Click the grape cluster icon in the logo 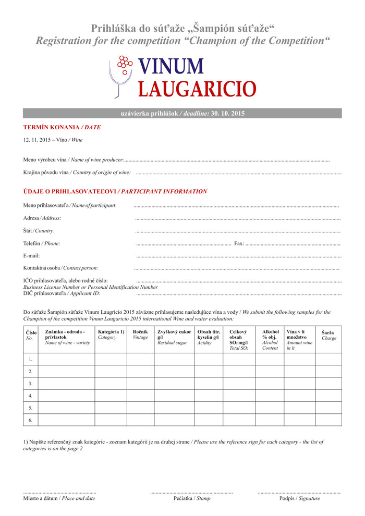click(124, 62)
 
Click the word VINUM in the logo click(171, 66)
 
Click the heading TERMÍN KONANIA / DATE click(62, 127)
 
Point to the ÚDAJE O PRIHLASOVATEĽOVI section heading click(115, 191)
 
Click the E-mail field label click(32, 255)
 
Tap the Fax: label click(239, 243)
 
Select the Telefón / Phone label click(42, 243)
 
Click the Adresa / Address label click(42, 218)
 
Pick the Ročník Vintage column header click(140, 334)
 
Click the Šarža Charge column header click(329, 335)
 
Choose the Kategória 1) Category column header click(111, 334)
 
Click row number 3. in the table click(31, 383)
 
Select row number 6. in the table click(31, 420)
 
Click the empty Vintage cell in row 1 click(140, 359)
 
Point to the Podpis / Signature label click(299, 498)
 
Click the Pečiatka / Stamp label click(192, 498)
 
